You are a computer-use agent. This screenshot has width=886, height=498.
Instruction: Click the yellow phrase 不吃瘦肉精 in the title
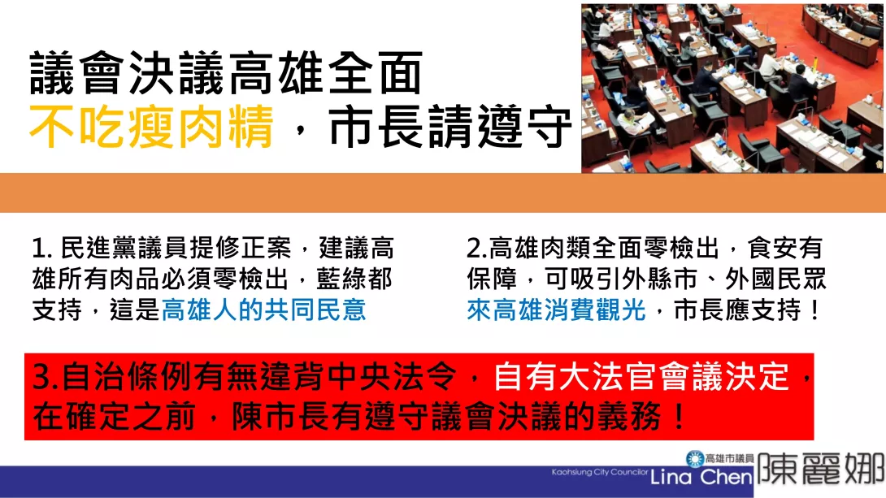pos(151,127)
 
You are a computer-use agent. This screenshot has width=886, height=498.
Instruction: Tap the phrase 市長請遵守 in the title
pos(450,127)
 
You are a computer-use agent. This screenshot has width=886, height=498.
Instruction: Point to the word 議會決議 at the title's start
pos(128,73)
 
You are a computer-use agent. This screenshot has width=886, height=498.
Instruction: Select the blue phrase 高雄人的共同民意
pos(264,310)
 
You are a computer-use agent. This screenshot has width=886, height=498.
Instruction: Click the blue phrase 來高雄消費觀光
pos(557,310)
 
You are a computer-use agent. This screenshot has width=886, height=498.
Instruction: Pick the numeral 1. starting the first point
pos(42,249)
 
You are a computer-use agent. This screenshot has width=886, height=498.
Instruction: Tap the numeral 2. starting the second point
pos(477,249)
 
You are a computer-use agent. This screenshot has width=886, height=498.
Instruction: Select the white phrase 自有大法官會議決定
pos(641,377)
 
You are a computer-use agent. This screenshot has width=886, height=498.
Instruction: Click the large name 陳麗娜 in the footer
pos(820,468)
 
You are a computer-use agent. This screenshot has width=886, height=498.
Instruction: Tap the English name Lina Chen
pos(701,477)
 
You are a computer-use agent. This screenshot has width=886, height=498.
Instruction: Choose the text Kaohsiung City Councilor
pos(600,472)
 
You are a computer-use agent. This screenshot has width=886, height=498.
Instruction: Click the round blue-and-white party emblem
pos(695,459)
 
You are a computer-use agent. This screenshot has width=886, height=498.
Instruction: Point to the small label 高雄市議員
pos(729,458)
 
